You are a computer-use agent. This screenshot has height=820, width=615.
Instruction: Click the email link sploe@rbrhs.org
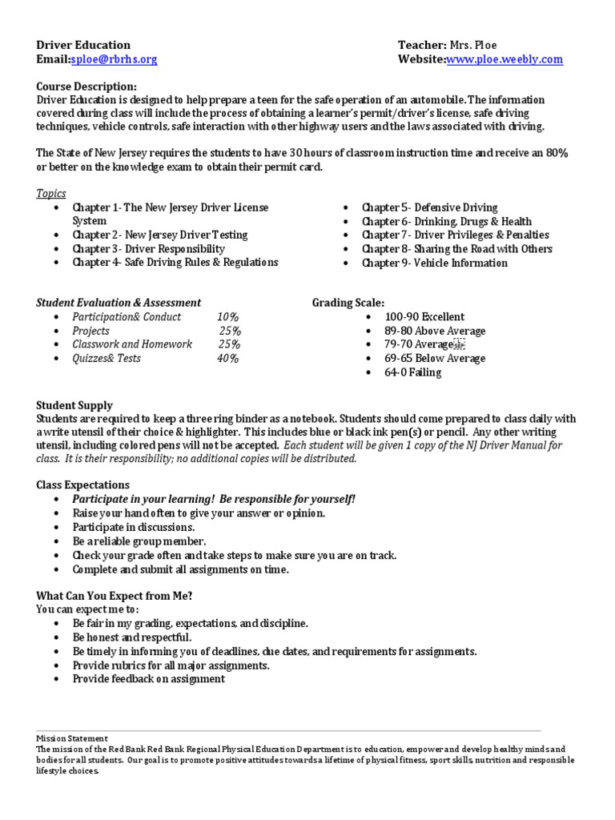click(x=114, y=59)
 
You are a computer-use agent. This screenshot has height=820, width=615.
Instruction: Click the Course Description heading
click(x=86, y=86)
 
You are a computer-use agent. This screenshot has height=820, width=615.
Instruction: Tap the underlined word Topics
click(x=51, y=194)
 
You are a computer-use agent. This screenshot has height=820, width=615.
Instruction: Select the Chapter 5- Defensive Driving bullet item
click(x=429, y=207)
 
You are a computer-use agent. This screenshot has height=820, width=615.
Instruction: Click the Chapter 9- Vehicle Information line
click(x=434, y=263)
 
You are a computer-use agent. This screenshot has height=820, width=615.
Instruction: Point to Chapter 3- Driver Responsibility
click(x=148, y=249)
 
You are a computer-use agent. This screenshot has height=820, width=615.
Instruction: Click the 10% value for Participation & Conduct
click(x=227, y=317)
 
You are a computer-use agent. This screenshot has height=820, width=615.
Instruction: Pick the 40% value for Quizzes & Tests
click(x=227, y=359)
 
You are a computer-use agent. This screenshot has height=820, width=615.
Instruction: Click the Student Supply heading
click(x=74, y=405)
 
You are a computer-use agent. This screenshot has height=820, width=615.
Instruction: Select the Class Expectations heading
click(x=83, y=484)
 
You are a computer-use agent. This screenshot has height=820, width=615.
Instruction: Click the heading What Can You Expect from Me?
click(x=115, y=595)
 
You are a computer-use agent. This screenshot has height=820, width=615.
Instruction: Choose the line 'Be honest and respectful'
click(x=132, y=637)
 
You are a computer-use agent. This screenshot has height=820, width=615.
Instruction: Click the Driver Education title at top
click(x=83, y=45)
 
